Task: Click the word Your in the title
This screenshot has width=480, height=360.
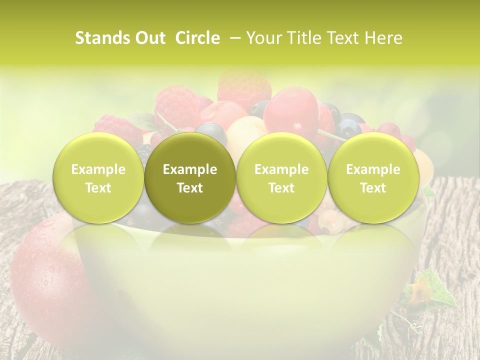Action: pyautogui.click(x=263, y=38)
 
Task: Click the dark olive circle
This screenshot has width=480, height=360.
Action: pyautogui.click(x=190, y=178)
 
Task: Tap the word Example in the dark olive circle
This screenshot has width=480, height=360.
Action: pyautogui.click(x=190, y=170)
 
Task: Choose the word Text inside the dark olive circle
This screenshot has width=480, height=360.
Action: pyautogui.click(x=190, y=188)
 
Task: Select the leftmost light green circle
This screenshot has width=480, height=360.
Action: pyautogui.click(x=98, y=178)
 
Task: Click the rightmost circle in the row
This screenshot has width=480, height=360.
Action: pyautogui.click(x=373, y=178)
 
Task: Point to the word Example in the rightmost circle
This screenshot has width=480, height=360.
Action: pyautogui.click(x=373, y=170)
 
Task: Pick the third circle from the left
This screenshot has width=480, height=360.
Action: pyautogui.click(x=281, y=178)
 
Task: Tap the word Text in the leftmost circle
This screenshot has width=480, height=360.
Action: pyautogui.click(x=98, y=188)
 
